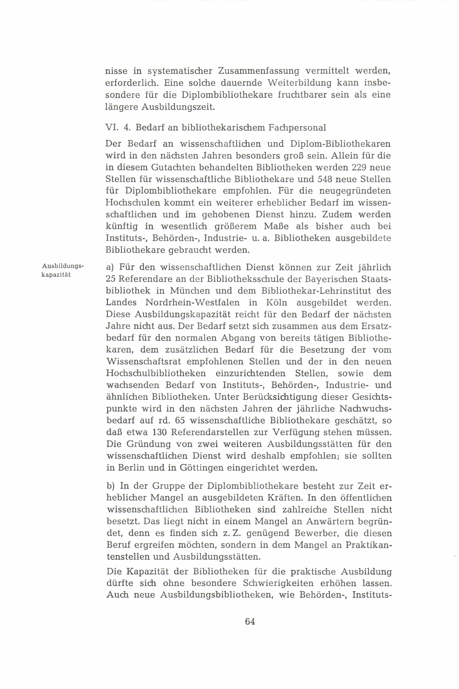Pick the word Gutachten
click(173, 167)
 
